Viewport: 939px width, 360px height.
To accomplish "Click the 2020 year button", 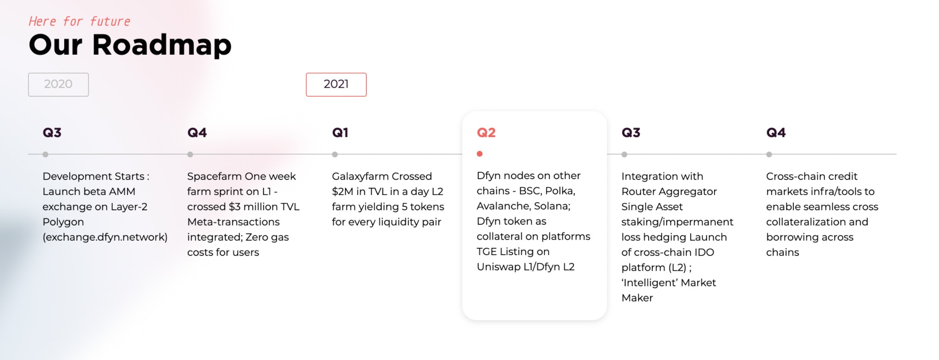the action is coord(58,85).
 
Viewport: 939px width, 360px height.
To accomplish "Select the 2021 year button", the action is coord(336,85).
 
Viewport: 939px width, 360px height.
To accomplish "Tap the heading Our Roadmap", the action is coord(130,45).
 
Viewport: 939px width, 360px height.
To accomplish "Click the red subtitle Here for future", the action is coord(79,21).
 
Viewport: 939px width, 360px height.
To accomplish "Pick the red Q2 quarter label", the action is coord(486,133).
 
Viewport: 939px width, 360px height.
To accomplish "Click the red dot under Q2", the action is coord(479,154).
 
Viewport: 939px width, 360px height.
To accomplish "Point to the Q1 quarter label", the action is coord(340,133).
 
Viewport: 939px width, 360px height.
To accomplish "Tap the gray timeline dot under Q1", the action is coord(335,154).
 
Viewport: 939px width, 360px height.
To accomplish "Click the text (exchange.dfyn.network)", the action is coord(105,237).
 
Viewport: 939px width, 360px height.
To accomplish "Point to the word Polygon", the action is coord(63,222).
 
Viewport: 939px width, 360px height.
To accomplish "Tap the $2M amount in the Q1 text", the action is coord(342,192).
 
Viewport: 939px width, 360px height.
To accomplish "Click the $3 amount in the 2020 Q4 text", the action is coord(234,207).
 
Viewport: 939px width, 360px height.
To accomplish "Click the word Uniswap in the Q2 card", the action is coord(498,267).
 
